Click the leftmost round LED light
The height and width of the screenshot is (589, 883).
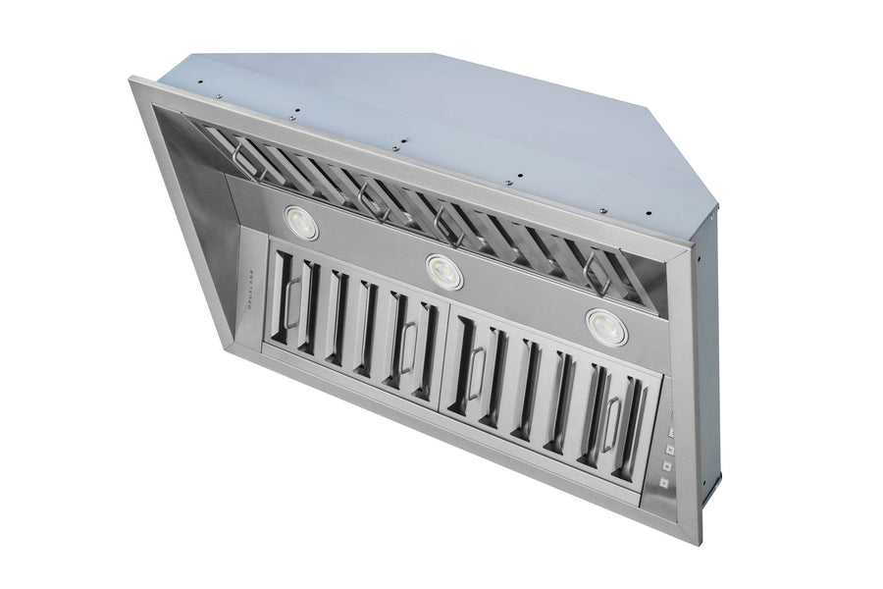pos(302,221)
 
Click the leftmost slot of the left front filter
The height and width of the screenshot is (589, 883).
pos(286,304)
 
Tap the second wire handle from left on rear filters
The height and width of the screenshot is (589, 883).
pos(369,196)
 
